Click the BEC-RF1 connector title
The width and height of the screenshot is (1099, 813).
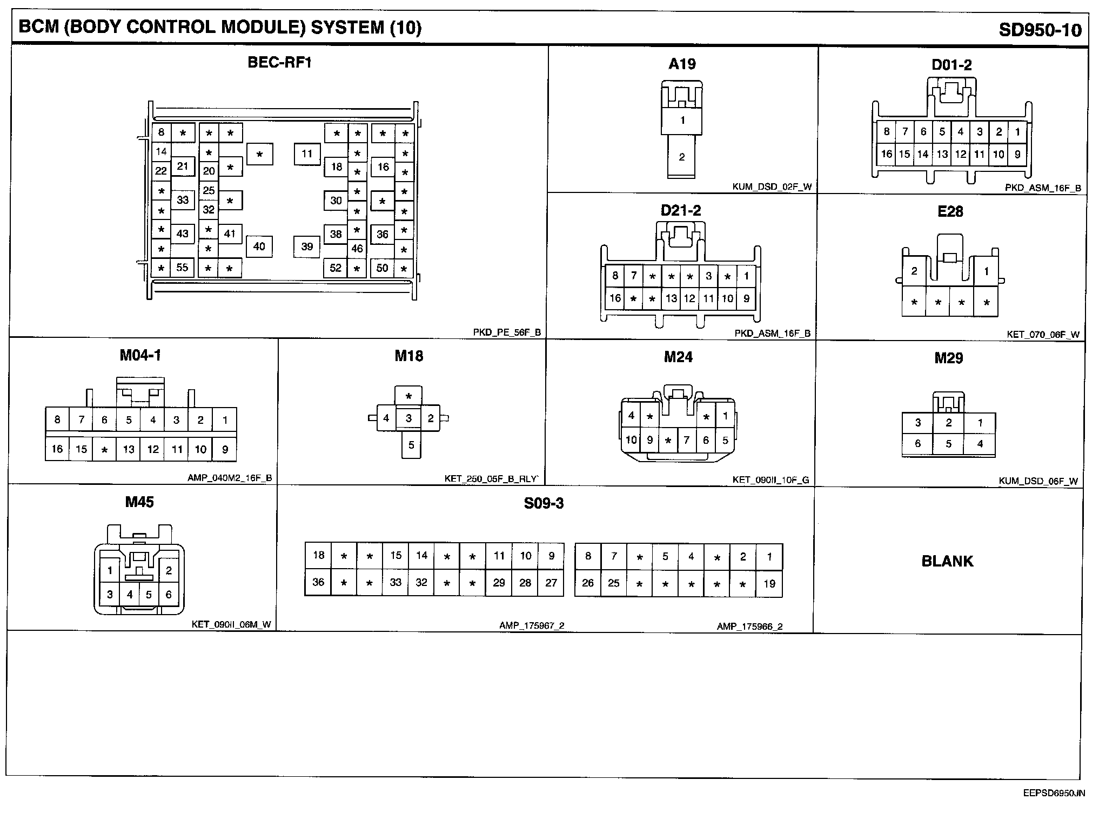pyautogui.click(x=279, y=62)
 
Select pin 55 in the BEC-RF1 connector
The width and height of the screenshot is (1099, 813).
pyautogui.click(x=182, y=267)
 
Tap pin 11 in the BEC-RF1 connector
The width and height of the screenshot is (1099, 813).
pyautogui.click(x=307, y=154)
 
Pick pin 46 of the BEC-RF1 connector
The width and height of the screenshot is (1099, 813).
pyautogui.click(x=357, y=249)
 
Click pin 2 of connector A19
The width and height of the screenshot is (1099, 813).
pyautogui.click(x=681, y=157)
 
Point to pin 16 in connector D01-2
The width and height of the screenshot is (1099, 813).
pyautogui.click(x=886, y=154)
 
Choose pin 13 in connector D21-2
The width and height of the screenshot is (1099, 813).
pyautogui.click(x=671, y=298)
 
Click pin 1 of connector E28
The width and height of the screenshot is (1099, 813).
pyautogui.click(x=986, y=271)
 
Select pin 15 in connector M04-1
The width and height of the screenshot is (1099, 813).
pyautogui.click(x=81, y=449)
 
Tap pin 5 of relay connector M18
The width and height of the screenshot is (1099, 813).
pyautogui.click(x=411, y=445)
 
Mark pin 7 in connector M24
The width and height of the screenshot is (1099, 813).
pyautogui.click(x=686, y=440)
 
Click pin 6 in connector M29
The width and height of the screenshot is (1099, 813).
pyautogui.click(x=917, y=444)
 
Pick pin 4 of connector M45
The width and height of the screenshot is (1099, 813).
pyautogui.click(x=130, y=595)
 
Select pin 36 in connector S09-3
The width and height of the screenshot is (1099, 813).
pyautogui.click(x=318, y=582)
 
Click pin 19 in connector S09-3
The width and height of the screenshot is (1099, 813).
pyautogui.click(x=769, y=583)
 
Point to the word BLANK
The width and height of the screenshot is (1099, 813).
pyautogui.click(x=947, y=561)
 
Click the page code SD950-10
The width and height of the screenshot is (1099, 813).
pyautogui.click(x=1040, y=29)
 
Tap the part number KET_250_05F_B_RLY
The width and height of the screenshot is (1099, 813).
pyautogui.click(x=491, y=478)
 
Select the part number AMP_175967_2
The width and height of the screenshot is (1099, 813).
pyautogui.click(x=531, y=625)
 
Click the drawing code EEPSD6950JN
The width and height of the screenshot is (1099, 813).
pyautogui.click(x=1046, y=794)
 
